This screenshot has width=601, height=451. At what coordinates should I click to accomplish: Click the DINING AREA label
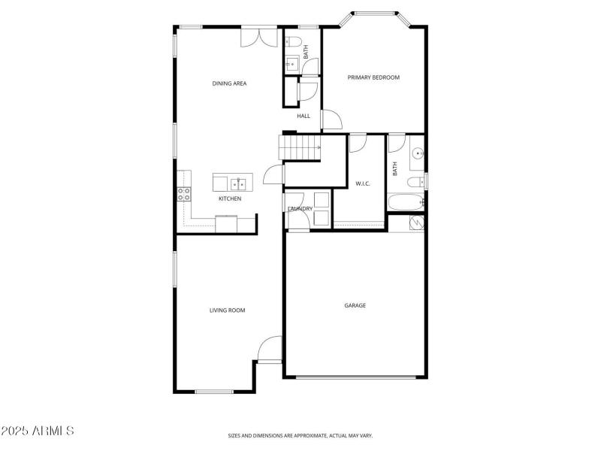(229, 83)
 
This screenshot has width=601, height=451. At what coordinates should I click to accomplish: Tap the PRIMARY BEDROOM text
(373, 77)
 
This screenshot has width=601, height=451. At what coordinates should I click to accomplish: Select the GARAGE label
(355, 305)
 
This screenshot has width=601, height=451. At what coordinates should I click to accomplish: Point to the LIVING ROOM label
(227, 310)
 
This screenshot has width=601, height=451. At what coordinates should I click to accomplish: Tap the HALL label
(304, 116)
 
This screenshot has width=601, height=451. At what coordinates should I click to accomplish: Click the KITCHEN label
(230, 198)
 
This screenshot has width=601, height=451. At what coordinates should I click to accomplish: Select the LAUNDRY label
(300, 208)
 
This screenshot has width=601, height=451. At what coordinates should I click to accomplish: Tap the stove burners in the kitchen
(183, 194)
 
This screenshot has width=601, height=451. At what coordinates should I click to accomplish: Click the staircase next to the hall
(299, 147)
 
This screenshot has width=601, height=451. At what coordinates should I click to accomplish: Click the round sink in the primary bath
(418, 155)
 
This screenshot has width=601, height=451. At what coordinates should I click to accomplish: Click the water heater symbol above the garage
(415, 222)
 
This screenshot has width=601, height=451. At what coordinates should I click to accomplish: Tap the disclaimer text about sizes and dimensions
(300, 435)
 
